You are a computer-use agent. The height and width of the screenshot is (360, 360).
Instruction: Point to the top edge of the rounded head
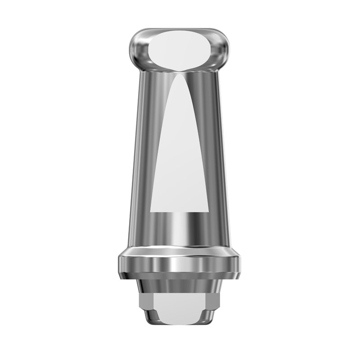180,30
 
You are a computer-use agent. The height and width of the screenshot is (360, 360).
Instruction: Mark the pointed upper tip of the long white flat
180,74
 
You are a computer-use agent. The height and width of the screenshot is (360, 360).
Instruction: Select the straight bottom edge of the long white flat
180,211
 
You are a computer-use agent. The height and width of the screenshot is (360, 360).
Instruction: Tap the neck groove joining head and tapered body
180,71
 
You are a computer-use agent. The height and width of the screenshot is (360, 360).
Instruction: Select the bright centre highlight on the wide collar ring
180,263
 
